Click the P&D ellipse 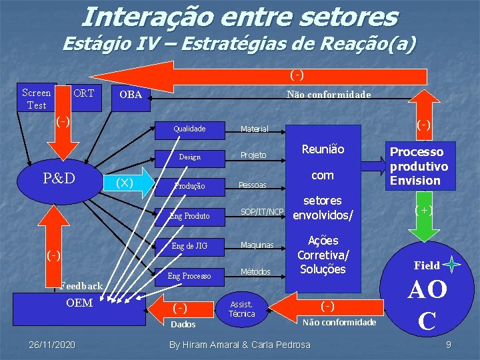[x=59, y=179]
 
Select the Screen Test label [x=36, y=99]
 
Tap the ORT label [x=83, y=93]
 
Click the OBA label [x=130, y=95]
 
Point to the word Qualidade [x=189, y=128]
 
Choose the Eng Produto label [x=189, y=216]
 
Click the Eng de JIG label [x=189, y=246]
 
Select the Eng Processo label [x=189, y=275]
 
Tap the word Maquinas [x=257, y=245]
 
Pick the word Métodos [x=255, y=272]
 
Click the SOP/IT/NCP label [x=262, y=212]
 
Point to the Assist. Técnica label [x=241, y=308]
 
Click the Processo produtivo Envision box [x=419, y=166]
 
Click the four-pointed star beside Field [x=452, y=265]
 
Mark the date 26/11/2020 [x=52, y=344]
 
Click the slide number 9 [x=449, y=344]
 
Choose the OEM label [x=79, y=303]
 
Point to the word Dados [x=183, y=325]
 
